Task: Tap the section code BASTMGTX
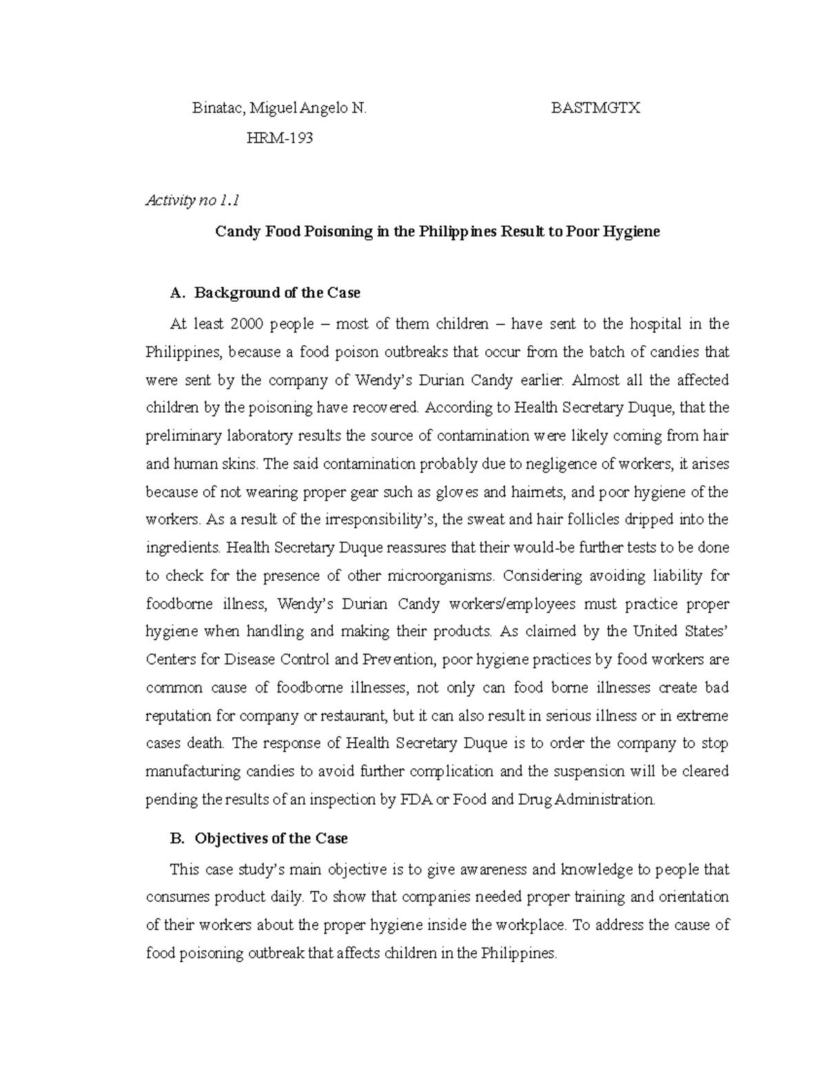(595, 108)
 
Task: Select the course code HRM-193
(280, 138)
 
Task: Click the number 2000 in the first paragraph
(247, 324)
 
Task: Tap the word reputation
(178, 716)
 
